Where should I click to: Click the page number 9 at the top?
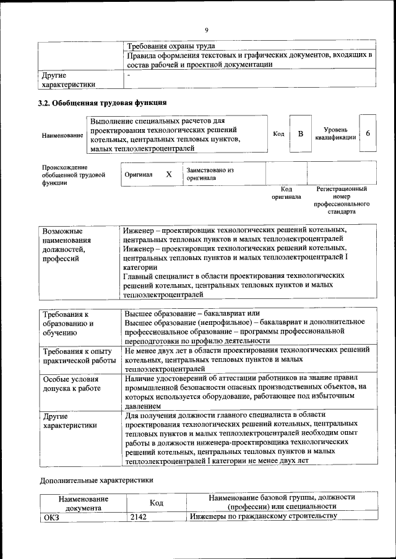207,30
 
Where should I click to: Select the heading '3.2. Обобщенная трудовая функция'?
102,103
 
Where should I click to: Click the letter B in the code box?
300,134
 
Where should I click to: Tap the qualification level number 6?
368,134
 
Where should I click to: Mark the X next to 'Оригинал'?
168,174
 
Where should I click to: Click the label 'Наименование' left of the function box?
62,135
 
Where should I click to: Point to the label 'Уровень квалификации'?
339,134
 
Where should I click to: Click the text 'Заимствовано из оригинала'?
210,174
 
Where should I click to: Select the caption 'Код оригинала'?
286,193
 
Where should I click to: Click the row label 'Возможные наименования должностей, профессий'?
67,245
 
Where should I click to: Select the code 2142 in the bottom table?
139,516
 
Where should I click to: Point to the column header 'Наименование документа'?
84,503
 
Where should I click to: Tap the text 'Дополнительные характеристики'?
97,479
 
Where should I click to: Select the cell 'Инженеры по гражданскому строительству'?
263,516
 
